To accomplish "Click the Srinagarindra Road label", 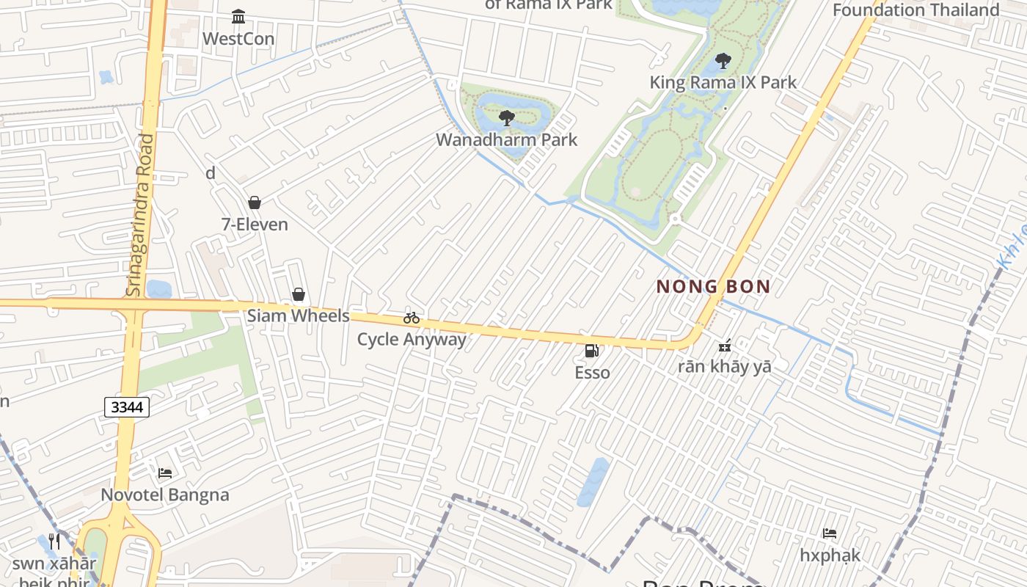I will pos(141,215).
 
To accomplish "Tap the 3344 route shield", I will pos(127,407).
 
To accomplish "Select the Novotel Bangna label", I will pos(165,495).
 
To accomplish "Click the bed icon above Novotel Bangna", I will pos(165,473).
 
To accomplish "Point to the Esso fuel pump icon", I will pos(591,351).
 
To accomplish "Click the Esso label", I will pos(592,373).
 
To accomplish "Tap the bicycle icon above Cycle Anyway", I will pos(412,318).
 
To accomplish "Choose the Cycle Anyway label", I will pos(412,339).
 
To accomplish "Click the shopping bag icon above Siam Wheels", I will pos(299,294).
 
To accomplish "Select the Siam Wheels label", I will pos(298,316).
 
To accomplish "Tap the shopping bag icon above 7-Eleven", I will pos(255,203).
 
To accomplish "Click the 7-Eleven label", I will pos(255,224).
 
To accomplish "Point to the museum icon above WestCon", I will pos(238,16).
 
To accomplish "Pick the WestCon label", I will pos(238,38).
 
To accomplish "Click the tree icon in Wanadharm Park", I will pos(506,117).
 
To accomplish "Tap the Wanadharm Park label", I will pos(507,139).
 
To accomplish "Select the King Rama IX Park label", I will pos(723,82).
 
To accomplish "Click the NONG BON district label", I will pos(713,286).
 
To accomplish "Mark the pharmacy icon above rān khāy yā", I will pos(726,344).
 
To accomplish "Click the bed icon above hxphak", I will pos(830,533).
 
